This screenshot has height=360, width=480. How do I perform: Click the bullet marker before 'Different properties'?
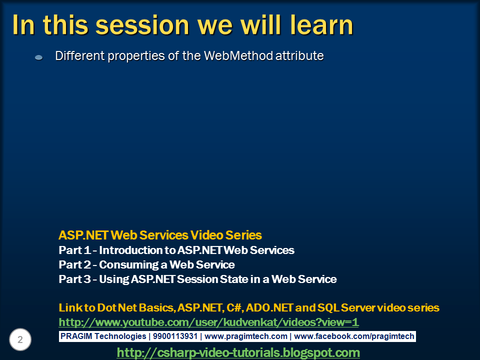coord(38,58)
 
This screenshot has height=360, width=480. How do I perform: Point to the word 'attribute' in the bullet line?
coord(300,56)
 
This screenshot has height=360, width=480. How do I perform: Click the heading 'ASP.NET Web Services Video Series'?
coord(160,235)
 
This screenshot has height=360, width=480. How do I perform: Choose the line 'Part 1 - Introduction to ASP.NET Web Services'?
coord(176,250)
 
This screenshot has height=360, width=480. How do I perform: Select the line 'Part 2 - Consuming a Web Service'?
coord(146,264)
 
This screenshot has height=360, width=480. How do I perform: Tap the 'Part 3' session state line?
coord(197,279)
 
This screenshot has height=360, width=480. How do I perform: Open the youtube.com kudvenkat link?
coord(208,322)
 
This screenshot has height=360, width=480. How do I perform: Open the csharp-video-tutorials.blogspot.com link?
coord(238,352)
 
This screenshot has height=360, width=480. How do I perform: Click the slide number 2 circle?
coord(20,340)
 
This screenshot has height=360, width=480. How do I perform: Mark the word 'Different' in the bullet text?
coord(75,56)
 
